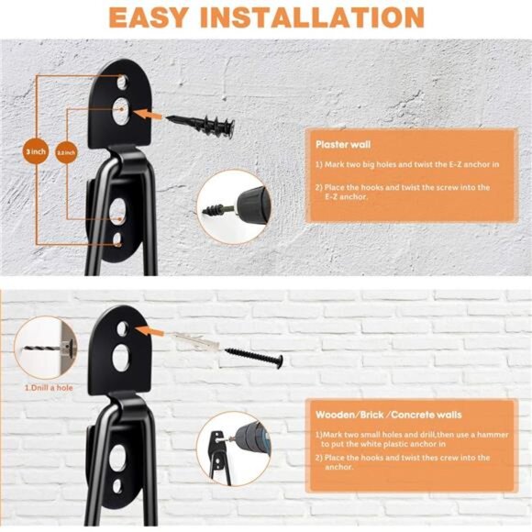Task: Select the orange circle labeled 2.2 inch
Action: coord(67,150)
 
